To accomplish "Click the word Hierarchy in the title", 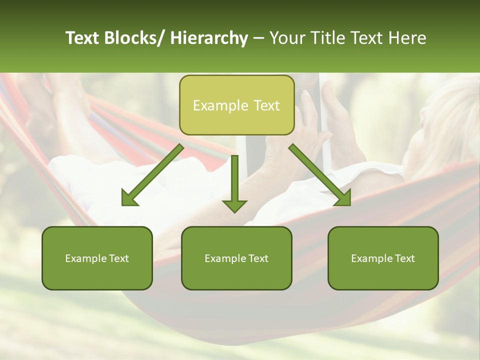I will pos(209,38).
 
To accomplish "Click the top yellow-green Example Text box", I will pos(236,105).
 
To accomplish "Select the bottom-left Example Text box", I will pos(97,258).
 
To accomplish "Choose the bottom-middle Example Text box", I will pos(236,258).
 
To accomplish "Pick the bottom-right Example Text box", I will pos(383,258).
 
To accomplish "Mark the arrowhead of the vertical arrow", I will pos(234,205).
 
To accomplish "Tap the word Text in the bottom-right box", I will pos(404,258).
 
